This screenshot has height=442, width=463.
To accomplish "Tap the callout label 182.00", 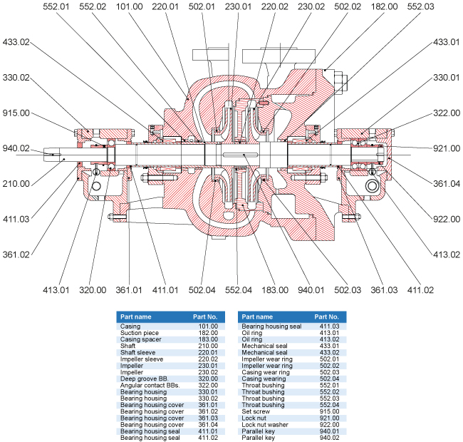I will coord(385,6).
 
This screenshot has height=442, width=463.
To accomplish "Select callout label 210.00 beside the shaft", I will coord(16,183).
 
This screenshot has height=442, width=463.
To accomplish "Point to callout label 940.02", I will coord(16,148).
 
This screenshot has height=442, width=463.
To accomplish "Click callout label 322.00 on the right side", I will coord(447,113).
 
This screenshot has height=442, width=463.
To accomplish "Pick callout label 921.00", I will coord(447,148).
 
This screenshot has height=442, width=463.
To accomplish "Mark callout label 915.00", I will coord(16,113).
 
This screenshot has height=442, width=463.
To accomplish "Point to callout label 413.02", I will coord(447,253).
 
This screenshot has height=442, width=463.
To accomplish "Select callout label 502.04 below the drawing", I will coord(202,291).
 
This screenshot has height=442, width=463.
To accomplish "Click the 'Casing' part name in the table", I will coord(130,326).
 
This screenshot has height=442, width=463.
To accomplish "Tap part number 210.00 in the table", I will coord(207,346).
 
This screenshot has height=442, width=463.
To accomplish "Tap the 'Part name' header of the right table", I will coord(257,316).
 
